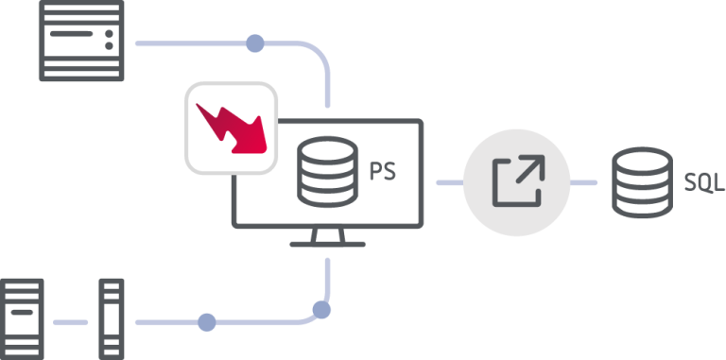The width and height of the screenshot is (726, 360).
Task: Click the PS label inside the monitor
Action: pos(383,174)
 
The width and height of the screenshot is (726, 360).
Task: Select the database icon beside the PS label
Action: pos(327,173)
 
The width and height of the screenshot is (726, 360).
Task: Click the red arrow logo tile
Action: pos(232,128)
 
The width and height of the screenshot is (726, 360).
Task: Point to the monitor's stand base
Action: pos(327,243)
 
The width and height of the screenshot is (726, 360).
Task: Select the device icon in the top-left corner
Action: pos(80,41)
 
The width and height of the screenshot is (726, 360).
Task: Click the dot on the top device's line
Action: pos(254,43)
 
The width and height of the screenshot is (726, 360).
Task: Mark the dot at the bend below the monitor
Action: pos(322,308)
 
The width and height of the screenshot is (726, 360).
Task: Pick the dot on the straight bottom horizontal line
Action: pos(206,322)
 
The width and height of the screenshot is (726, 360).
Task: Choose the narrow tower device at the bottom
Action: pos(112,318)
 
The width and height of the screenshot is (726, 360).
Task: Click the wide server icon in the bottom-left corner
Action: pos(21,318)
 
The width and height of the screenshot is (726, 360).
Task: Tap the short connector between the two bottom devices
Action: pos(70,322)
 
